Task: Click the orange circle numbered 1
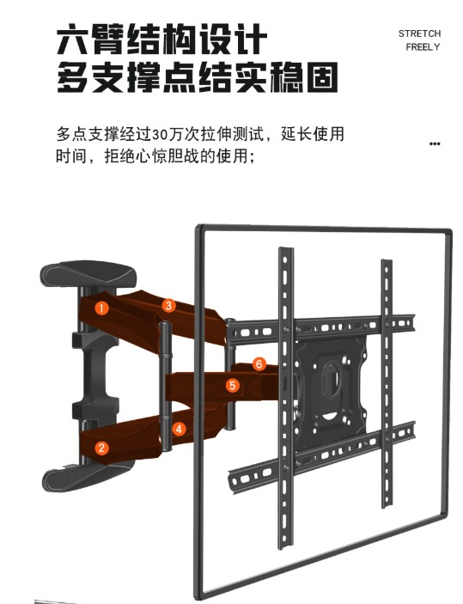pyautogui.click(x=101, y=308)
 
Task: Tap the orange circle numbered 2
pyautogui.click(x=101, y=448)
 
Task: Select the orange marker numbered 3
pyautogui.click(x=168, y=306)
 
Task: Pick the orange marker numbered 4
pyautogui.click(x=179, y=429)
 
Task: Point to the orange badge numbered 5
pyautogui.click(x=232, y=385)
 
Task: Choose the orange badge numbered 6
pyautogui.click(x=259, y=363)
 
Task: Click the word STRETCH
pyautogui.click(x=419, y=34)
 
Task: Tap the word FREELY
pyautogui.click(x=423, y=47)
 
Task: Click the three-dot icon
pyautogui.click(x=435, y=143)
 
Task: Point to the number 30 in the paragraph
pyautogui.click(x=160, y=135)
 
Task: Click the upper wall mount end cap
pyautogui.click(x=88, y=274)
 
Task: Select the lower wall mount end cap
pyautogui.click(x=87, y=477)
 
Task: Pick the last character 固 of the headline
pyautogui.click(x=322, y=77)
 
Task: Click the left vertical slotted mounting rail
pyautogui.click(x=285, y=399)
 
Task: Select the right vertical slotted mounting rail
pyautogui.click(x=387, y=383)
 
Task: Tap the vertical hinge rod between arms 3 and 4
pyautogui.click(x=166, y=386)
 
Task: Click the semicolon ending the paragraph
pyautogui.click(x=253, y=158)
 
